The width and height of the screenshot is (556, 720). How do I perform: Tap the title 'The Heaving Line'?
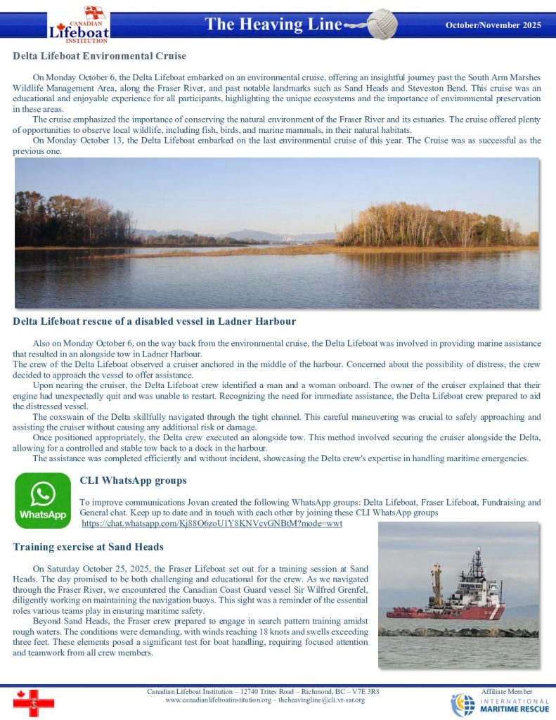pyautogui.click(x=273, y=25)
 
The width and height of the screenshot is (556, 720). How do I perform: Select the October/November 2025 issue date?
pyautogui.click(x=493, y=25)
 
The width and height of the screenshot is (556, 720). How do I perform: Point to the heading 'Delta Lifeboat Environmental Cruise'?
pyautogui.click(x=100, y=56)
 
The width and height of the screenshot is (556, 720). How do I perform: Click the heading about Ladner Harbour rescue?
pyautogui.click(x=154, y=321)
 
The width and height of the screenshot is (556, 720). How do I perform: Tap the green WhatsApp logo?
pyautogui.click(x=42, y=500)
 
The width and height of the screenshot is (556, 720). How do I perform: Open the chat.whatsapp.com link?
pyautogui.click(x=212, y=524)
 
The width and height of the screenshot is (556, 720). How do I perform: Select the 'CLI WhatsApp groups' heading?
pyautogui.click(x=133, y=481)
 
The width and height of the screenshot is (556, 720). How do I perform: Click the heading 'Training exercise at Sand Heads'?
pyautogui.click(x=88, y=546)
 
